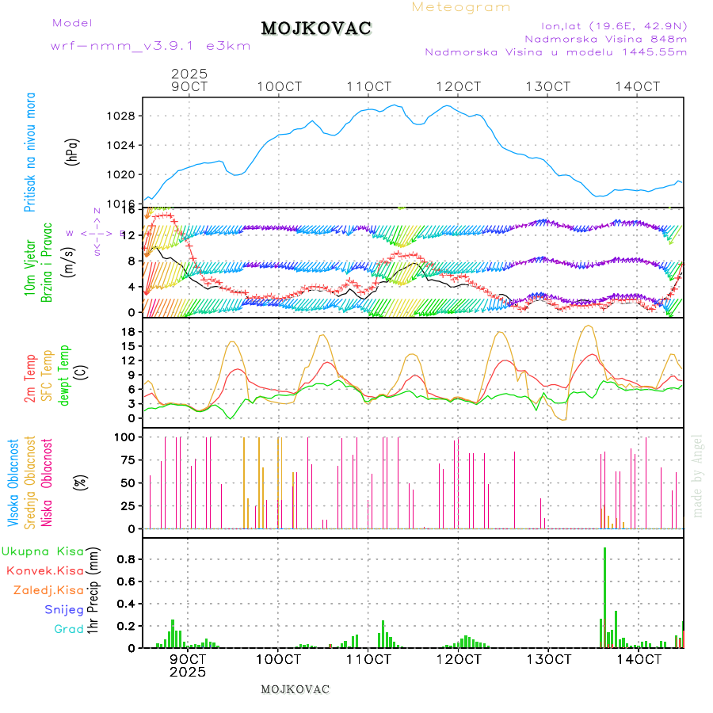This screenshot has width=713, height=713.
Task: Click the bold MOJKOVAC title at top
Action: [316, 29]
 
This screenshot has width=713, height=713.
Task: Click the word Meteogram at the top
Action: [461, 7]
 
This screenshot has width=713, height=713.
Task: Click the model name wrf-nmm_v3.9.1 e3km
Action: [151, 46]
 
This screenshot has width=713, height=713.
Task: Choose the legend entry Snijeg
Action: [63, 609]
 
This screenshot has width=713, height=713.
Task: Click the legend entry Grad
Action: [68, 629]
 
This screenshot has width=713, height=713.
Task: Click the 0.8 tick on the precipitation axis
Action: [128, 559]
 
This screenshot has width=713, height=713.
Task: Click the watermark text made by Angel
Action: [697, 475]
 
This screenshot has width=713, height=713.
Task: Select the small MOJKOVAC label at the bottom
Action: [295, 689]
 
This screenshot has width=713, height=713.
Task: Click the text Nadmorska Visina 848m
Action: [605, 38]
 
